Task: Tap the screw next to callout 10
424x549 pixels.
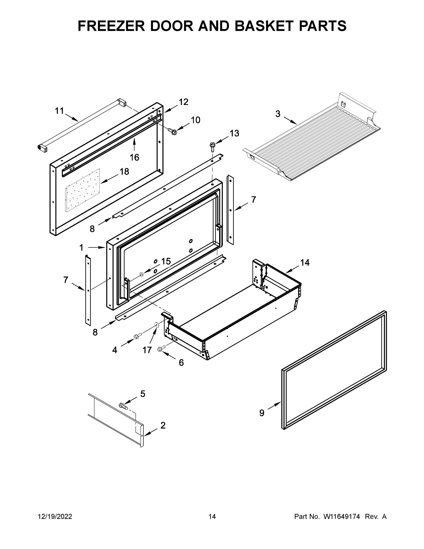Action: click(x=172, y=131)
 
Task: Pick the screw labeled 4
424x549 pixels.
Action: click(x=138, y=336)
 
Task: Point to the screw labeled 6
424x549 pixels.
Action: click(x=161, y=348)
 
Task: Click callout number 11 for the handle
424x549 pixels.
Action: click(x=59, y=111)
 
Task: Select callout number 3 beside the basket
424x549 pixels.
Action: click(x=277, y=114)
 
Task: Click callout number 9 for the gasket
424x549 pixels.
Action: click(x=262, y=413)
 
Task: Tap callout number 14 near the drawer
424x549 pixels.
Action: click(x=305, y=263)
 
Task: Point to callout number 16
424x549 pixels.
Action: click(x=134, y=158)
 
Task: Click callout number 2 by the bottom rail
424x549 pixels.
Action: click(x=163, y=425)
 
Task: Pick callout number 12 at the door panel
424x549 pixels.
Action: click(x=183, y=102)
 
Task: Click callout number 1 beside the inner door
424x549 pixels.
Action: click(x=81, y=248)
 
